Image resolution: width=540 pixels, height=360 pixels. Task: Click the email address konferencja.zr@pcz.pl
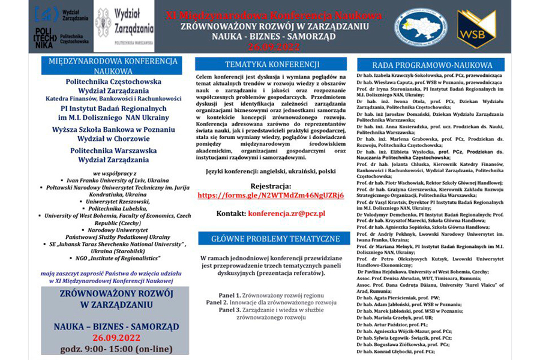(x=286, y=213)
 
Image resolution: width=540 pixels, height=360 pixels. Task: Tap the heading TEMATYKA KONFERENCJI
(x=272, y=64)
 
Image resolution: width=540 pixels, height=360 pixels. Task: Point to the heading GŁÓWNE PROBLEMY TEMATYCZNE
(x=272, y=238)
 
